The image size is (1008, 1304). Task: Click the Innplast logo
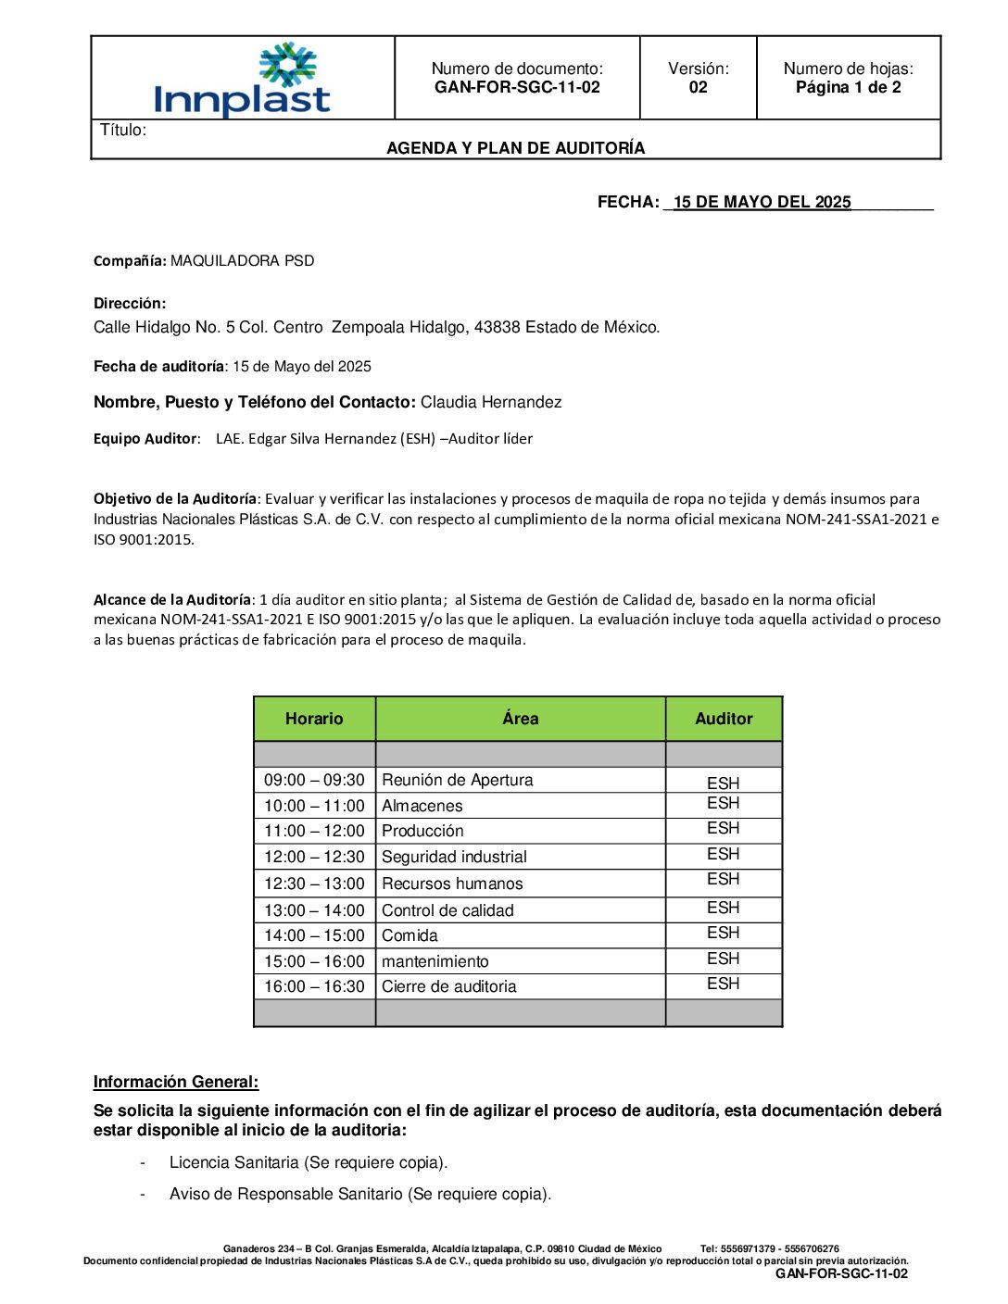[243, 81]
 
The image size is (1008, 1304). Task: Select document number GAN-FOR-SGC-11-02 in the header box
[517, 88]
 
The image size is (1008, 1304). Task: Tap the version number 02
[698, 88]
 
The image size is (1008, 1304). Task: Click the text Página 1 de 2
[848, 88]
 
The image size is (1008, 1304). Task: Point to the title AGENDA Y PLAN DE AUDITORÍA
[515, 148]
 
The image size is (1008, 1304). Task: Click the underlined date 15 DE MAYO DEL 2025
[762, 203]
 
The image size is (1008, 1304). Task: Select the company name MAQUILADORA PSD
[243, 261]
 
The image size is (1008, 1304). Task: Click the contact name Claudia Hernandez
[491, 402]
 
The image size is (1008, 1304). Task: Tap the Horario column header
[314, 719]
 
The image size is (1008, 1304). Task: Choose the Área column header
[520, 719]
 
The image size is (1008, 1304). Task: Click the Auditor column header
[724, 719]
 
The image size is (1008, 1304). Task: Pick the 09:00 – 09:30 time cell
[314, 781]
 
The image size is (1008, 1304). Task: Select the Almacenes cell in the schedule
[422, 807]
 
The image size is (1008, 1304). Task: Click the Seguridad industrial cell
[454, 858]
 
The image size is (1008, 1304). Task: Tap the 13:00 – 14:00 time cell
[314, 911]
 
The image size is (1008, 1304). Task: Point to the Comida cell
[409, 936]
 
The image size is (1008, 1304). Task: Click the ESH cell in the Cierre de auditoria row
[724, 984]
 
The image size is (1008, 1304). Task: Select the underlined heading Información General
[176, 1083]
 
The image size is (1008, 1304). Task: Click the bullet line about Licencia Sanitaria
[309, 1163]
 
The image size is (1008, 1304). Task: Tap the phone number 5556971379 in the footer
[737, 1249]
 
